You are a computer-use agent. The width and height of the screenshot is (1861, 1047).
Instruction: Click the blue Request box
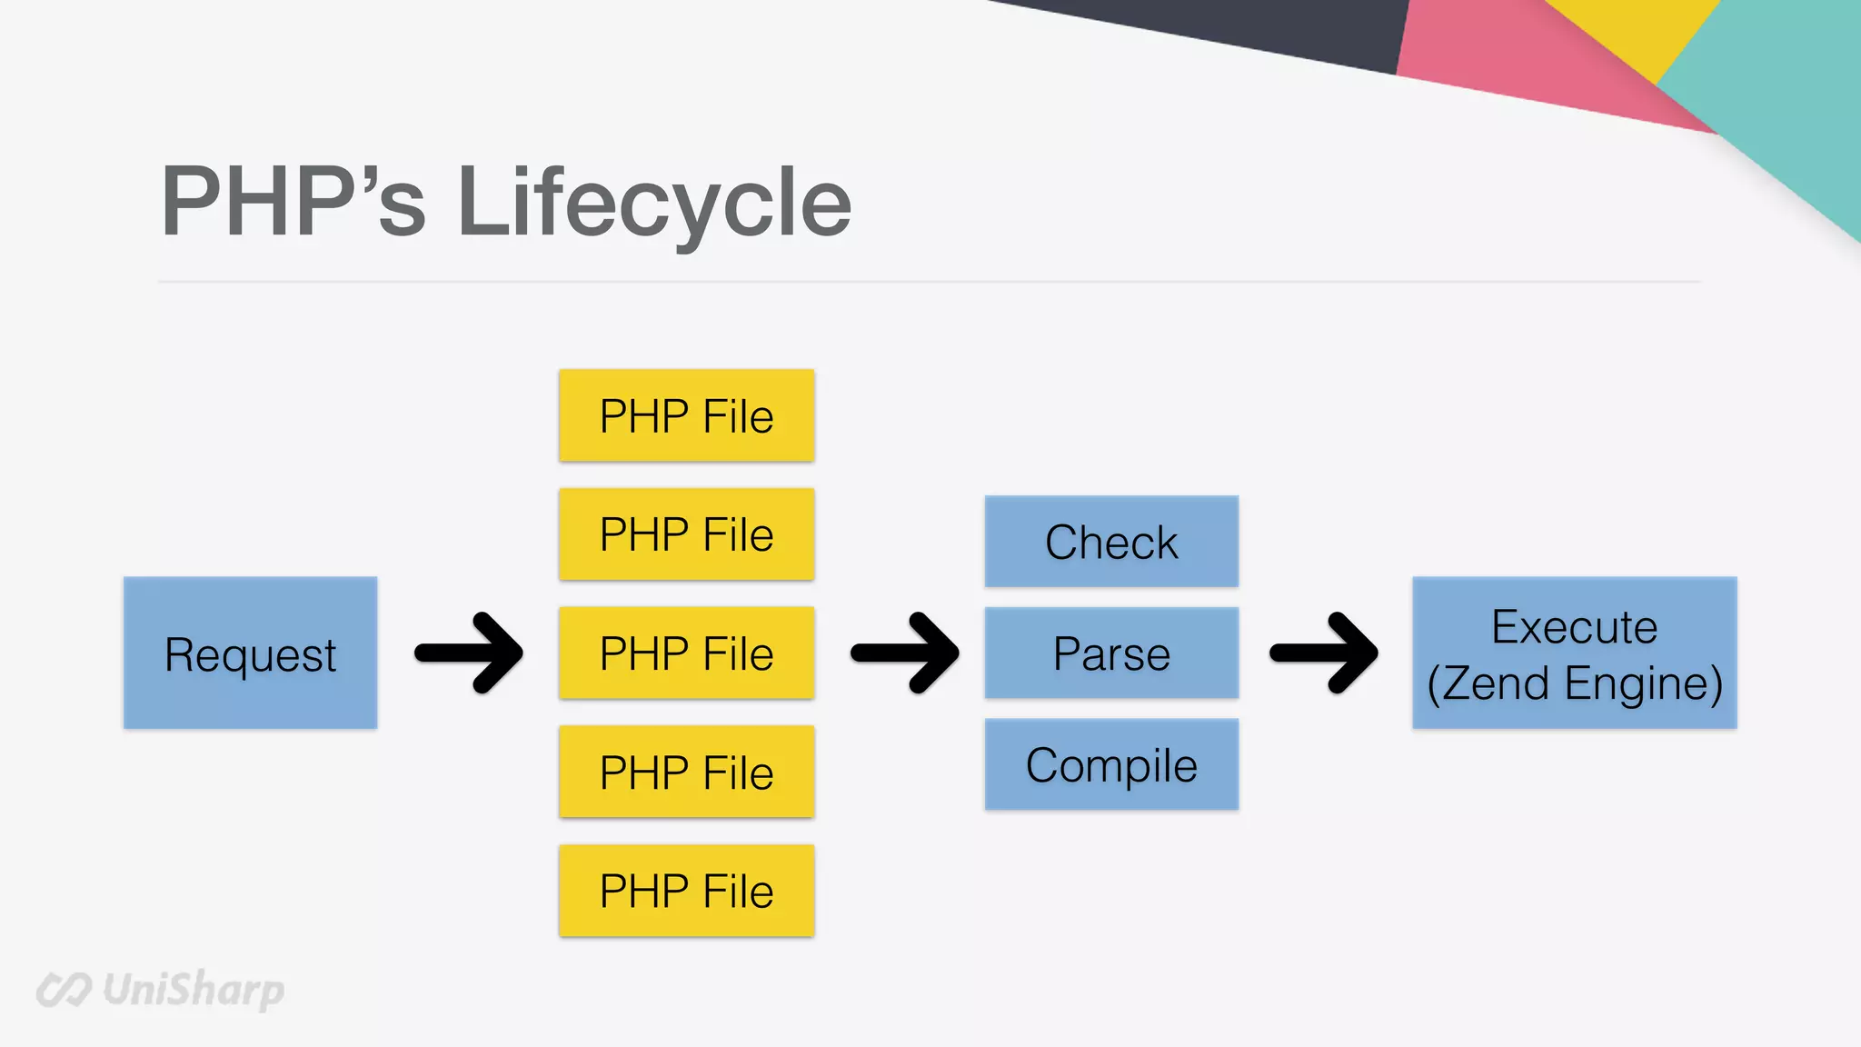pyautogui.click(x=250, y=653)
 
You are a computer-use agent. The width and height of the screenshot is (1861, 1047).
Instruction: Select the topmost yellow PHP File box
pyautogui.click(x=686, y=415)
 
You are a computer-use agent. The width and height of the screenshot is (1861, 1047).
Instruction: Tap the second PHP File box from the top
pyautogui.click(x=686, y=534)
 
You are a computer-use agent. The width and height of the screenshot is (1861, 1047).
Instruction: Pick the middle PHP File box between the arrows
pyautogui.click(x=686, y=653)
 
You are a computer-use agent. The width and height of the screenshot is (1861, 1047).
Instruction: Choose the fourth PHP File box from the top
pyautogui.click(x=686, y=772)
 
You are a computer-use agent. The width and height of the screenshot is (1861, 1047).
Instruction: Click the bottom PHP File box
pyautogui.click(x=686, y=891)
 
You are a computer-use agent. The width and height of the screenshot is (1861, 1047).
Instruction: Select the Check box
pyautogui.click(x=1110, y=541)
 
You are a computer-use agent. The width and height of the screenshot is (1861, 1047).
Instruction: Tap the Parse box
pyautogui.click(x=1110, y=653)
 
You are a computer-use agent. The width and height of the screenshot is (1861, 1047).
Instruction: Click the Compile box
pyautogui.click(x=1110, y=764)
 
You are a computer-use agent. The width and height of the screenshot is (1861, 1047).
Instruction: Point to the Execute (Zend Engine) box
pyautogui.click(x=1574, y=653)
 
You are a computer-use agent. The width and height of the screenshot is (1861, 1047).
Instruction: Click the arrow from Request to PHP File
pyautogui.click(x=470, y=653)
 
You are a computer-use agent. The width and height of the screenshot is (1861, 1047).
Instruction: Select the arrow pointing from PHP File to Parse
pyautogui.click(x=906, y=653)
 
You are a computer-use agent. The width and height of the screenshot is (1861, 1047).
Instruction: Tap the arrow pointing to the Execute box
pyautogui.click(x=1325, y=653)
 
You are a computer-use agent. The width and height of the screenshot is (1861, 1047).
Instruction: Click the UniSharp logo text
pyautogui.click(x=193, y=989)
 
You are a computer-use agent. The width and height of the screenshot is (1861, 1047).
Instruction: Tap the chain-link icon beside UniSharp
pyautogui.click(x=64, y=990)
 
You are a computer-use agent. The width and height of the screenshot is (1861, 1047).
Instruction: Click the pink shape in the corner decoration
pyautogui.click(x=1527, y=64)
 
